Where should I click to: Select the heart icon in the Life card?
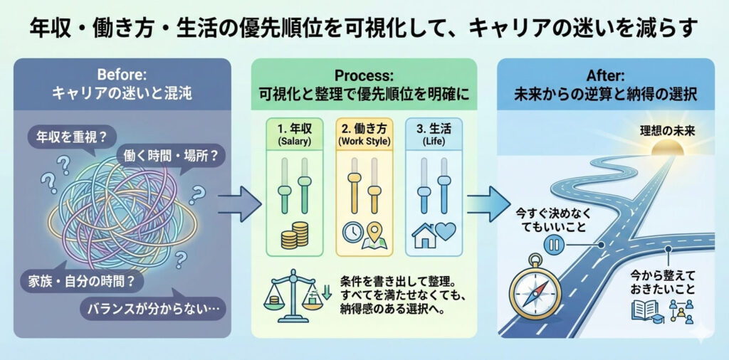coord(444,233)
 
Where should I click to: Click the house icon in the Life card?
coord(424,235)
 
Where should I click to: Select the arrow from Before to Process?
coord(239,204)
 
